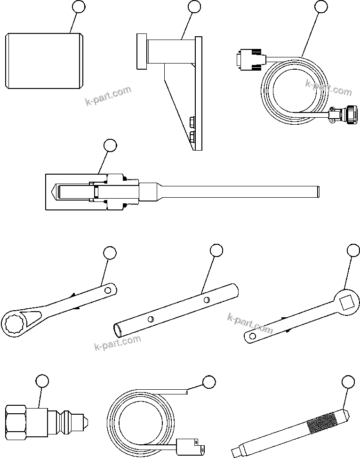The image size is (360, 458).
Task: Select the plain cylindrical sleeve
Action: coord(45,61)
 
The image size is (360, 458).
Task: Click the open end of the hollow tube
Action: coord(120,328)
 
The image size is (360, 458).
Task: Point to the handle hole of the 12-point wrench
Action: coord(109,289)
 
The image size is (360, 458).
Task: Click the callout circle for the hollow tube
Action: coord(216,251)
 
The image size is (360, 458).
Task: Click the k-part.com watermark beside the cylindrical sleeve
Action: coord(108,96)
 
